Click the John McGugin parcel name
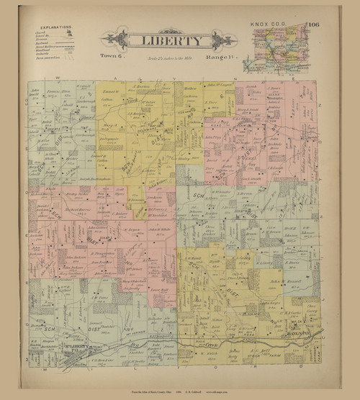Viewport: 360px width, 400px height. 215,86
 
